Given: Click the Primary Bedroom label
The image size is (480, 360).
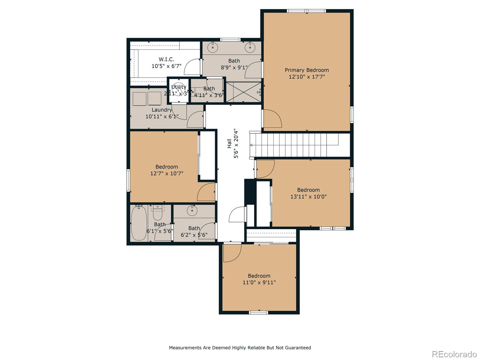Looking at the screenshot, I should click(307, 70).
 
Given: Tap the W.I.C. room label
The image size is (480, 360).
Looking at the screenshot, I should click(166, 59).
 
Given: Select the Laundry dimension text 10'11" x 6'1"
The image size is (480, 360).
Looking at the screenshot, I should click(162, 116).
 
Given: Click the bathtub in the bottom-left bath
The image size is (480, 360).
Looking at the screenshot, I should click(139, 223).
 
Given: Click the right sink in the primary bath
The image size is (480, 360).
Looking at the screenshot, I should click(250, 47).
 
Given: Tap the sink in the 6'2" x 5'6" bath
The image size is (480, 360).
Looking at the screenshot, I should click(192, 211).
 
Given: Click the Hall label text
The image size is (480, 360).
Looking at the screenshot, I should click(229, 143).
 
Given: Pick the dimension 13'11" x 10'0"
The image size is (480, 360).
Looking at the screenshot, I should click(308, 197).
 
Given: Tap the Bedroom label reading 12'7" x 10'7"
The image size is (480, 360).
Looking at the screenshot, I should click(166, 167).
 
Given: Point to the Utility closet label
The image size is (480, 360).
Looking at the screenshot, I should click(179, 87).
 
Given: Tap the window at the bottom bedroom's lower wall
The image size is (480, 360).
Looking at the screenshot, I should click(259, 313).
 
